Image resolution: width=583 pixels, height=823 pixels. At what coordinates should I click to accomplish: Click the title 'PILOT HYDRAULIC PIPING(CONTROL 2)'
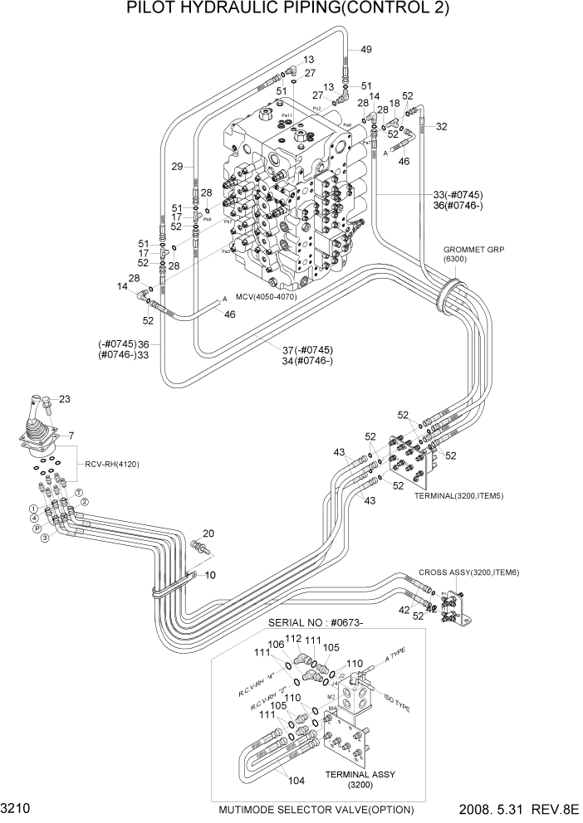coord(288,9)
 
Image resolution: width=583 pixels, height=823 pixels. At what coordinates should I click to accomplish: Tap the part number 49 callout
coord(365,49)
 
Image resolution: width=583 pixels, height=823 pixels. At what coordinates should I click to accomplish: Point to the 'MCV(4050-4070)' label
coord(267,296)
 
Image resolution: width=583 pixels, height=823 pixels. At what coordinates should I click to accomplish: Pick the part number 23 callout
coord(65,400)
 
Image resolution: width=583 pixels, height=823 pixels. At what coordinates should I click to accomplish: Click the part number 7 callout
coord(71,436)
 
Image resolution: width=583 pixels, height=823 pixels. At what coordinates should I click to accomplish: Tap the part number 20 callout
coord(208,533)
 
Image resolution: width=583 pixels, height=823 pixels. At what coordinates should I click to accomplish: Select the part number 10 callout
coord(210,575)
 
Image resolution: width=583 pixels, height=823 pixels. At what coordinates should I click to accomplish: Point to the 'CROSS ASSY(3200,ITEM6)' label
coord(468,572)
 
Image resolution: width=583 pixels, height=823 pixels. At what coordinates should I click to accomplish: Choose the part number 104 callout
coord(297,780)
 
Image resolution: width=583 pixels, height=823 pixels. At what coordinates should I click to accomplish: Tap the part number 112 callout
coord(292,639)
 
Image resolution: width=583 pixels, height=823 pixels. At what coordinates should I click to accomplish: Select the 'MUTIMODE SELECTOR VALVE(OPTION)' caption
coord(316,810)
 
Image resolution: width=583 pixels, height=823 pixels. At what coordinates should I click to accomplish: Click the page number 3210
coord(17,808)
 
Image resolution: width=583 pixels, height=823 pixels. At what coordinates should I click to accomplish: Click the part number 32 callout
coord(442,127)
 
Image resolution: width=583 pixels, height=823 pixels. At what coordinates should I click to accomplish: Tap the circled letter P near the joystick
coord(37,528)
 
